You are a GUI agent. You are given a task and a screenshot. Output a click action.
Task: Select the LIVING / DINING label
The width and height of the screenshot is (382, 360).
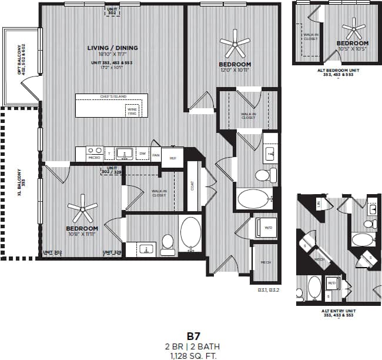coord(112,48)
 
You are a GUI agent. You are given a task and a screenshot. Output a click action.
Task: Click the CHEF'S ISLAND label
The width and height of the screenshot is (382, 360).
coord(113,96)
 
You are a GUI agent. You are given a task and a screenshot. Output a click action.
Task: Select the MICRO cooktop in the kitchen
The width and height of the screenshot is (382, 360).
coord(95,153)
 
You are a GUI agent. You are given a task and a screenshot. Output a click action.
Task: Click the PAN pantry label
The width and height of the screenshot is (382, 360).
coord(156,155)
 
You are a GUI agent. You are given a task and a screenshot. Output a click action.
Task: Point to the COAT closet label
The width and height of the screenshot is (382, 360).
coord(192,185)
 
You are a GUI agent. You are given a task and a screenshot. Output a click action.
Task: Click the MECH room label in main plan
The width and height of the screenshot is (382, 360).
coord(265,263)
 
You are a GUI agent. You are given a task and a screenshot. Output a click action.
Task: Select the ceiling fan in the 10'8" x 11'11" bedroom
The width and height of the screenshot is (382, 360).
coord(82,207)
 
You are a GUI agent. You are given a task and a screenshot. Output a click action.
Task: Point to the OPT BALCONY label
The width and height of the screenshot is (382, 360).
coord(21,62)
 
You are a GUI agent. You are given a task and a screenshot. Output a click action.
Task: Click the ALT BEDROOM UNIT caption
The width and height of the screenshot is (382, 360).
coord(338,72)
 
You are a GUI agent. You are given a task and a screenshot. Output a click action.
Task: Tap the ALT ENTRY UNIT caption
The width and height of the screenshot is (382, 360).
coord(338,313)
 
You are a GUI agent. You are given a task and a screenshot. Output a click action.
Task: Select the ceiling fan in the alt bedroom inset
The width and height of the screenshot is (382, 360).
coord(353,26)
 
